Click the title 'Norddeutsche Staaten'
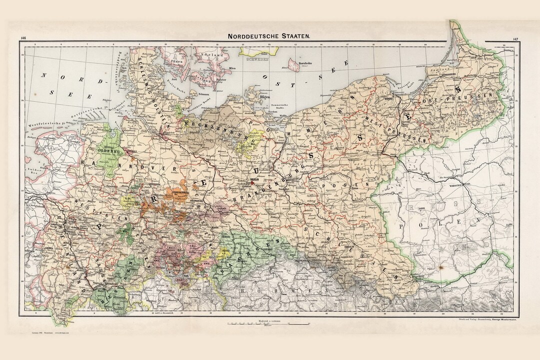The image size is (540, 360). (269, 36)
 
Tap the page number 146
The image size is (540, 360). (23, 38)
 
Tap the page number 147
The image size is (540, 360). (515, 38)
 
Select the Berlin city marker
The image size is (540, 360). (253, 182)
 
